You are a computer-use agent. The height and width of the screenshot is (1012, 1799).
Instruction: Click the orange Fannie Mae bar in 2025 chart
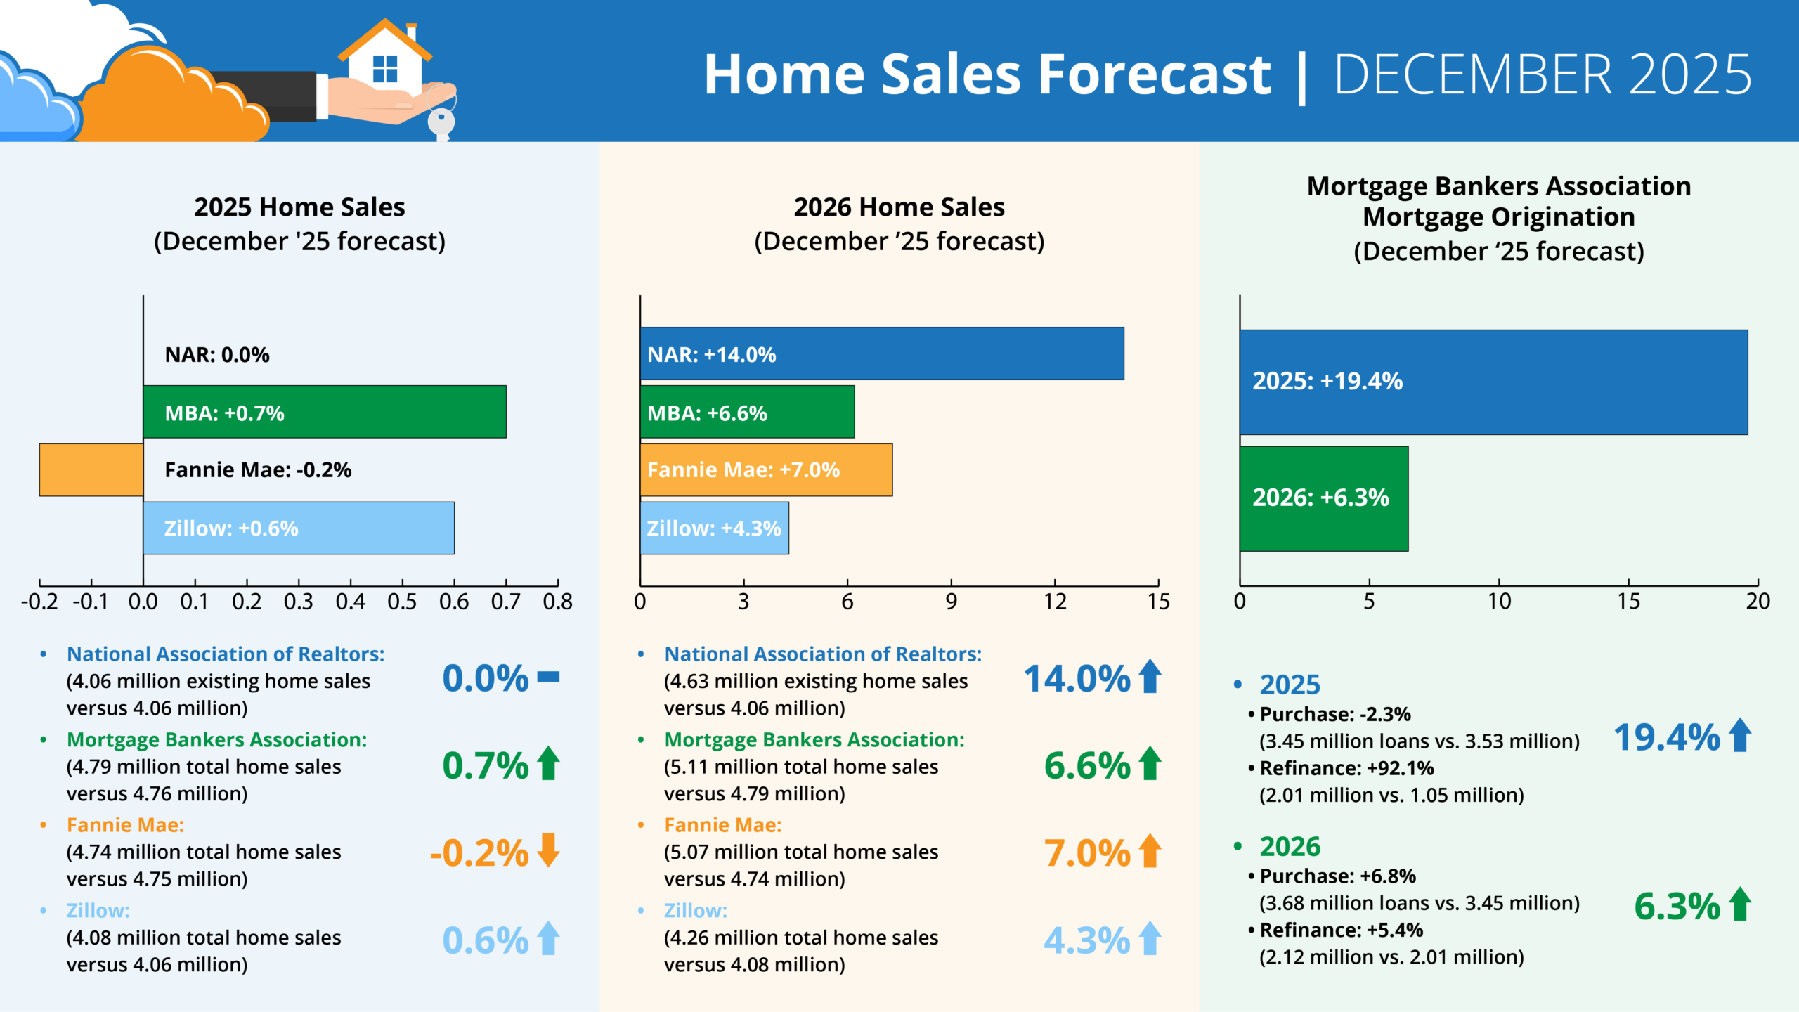91,469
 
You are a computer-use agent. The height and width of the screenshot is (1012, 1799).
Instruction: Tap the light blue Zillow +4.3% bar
714,528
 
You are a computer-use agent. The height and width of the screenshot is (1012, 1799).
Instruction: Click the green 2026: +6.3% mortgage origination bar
1323,498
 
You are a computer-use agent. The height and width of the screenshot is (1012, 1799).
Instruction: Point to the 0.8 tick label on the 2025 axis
557,602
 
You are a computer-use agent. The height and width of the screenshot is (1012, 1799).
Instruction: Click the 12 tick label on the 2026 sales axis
1054,602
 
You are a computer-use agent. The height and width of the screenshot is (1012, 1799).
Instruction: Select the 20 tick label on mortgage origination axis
1758,602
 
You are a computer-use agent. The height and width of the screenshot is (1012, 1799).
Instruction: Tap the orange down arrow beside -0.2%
548,850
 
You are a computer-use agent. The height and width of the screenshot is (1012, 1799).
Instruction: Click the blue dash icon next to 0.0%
548,677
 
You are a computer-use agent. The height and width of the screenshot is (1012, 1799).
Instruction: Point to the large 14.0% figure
1076,679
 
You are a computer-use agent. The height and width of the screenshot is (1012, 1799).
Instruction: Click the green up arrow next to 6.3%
1740,904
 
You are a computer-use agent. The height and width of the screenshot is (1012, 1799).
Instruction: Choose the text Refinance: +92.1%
1346,768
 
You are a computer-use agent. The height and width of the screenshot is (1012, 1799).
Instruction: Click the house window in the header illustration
384,69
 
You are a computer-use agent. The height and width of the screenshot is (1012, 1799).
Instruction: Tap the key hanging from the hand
441,122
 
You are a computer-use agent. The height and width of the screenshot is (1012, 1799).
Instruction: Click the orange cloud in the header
169,98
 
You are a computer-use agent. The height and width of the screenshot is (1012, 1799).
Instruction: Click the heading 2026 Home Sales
899,207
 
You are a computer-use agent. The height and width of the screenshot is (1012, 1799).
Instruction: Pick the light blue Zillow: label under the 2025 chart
98,911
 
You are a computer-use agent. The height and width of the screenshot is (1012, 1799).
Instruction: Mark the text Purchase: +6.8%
1337,876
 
